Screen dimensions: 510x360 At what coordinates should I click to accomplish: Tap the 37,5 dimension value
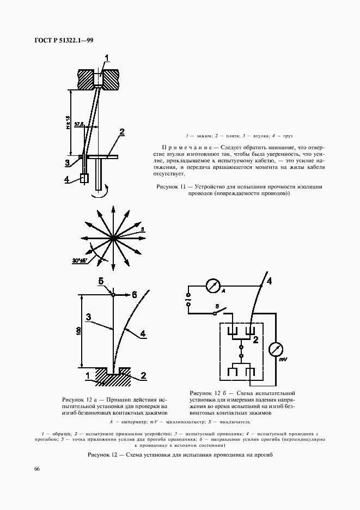80,125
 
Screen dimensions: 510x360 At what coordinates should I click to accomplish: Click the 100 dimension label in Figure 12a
78,330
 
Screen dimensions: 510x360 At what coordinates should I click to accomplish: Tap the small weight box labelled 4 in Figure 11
84,179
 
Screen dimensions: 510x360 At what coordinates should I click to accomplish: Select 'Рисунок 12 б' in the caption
208,392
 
